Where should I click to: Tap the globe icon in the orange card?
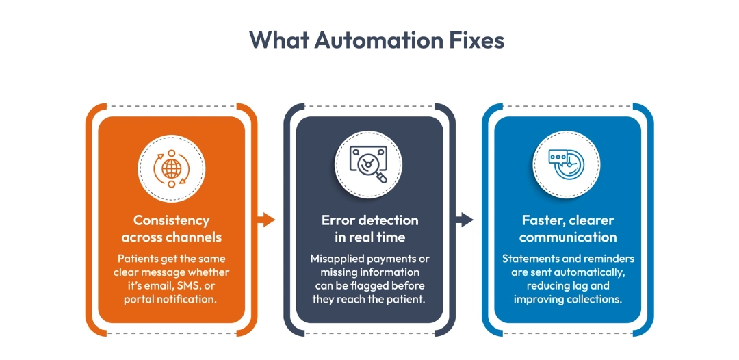point(172,168)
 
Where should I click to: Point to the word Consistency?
point(172,220)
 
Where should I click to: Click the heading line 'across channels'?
point(172,237)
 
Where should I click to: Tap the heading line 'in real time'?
point(369,237)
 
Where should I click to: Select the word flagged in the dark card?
point(386,285)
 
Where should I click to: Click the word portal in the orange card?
point(139,299)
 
